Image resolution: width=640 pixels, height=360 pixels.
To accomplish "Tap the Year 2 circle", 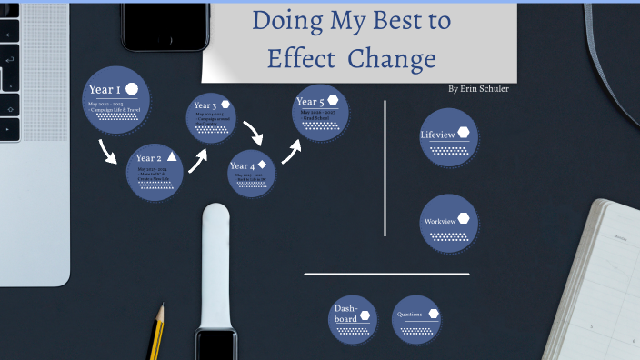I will pyautogui.click(x=155, y=171).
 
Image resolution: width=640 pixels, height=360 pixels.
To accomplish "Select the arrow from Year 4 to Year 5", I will pyautogui.click(x=290, y=152).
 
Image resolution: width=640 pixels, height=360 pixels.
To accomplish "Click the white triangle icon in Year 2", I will pyautogui.click(x=172, y=156).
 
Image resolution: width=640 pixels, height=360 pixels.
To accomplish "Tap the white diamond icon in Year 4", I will pyautogui.click(x=262, y=164).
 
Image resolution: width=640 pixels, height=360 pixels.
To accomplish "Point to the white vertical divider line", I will pyautogui.click(x=385, y=168).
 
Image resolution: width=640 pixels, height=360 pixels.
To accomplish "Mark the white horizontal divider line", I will pyautogui.click(x=386, y=274).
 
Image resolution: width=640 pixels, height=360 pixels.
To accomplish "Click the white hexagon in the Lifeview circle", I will pyautogui.click(x=464, y=133).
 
